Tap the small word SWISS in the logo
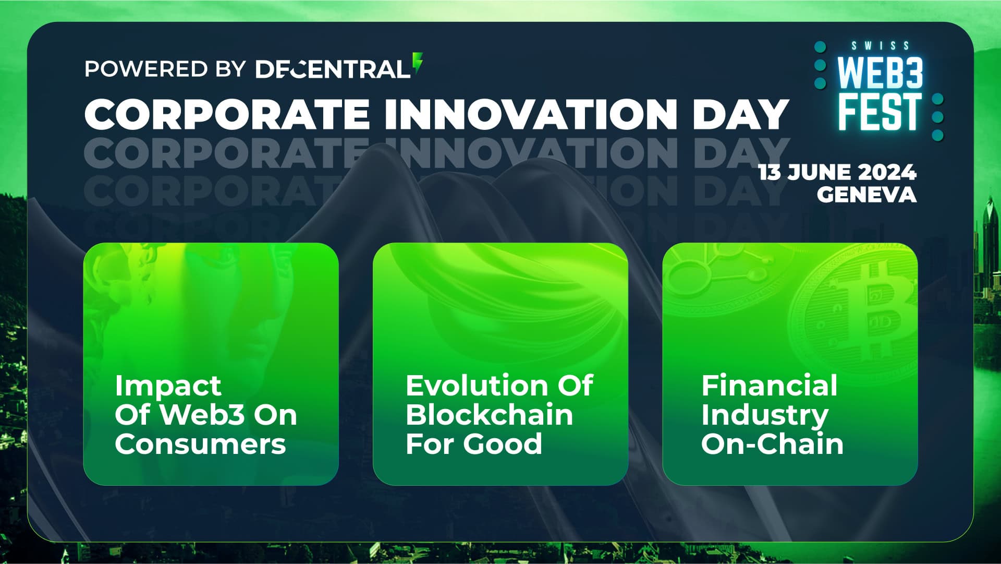tap(881, 46)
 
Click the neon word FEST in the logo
tap(879, 112)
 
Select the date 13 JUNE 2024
tap(837, 172)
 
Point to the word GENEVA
tap(866, 195)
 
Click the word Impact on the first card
tap(168, 387)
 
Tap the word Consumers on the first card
tap(200, 444)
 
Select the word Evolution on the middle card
tap(473, 386)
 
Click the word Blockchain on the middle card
tap(490, 415)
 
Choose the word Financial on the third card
tap(770, 386)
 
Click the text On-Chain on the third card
tap(772, 444)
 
